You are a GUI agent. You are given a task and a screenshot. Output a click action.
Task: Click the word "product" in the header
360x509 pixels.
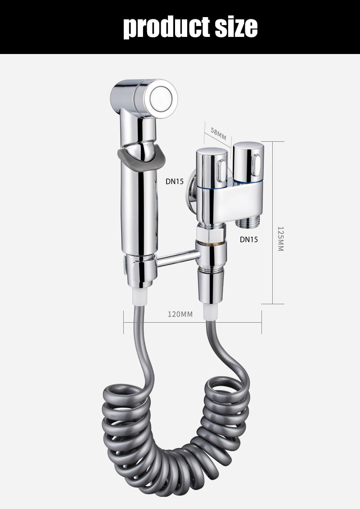[x=166, y=27]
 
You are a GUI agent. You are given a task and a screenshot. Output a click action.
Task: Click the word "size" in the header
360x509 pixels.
[x=236, y=27]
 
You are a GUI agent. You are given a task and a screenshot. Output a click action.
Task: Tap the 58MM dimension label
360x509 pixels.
[x=218, y=133]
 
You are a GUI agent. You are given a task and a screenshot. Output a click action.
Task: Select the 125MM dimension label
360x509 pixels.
[x=280, y=239]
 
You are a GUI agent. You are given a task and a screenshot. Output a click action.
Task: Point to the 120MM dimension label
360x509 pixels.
[x=180, y=314]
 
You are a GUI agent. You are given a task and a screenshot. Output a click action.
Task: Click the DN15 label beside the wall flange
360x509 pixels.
[x=175, y=181]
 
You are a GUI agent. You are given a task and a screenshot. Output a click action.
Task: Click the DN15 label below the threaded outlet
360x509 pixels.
[x=249, y=239]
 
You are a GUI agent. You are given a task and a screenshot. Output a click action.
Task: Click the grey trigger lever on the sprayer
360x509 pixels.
[x=142, y=158]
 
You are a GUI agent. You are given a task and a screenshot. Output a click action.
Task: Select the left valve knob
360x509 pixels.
[x=211, y=168]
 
